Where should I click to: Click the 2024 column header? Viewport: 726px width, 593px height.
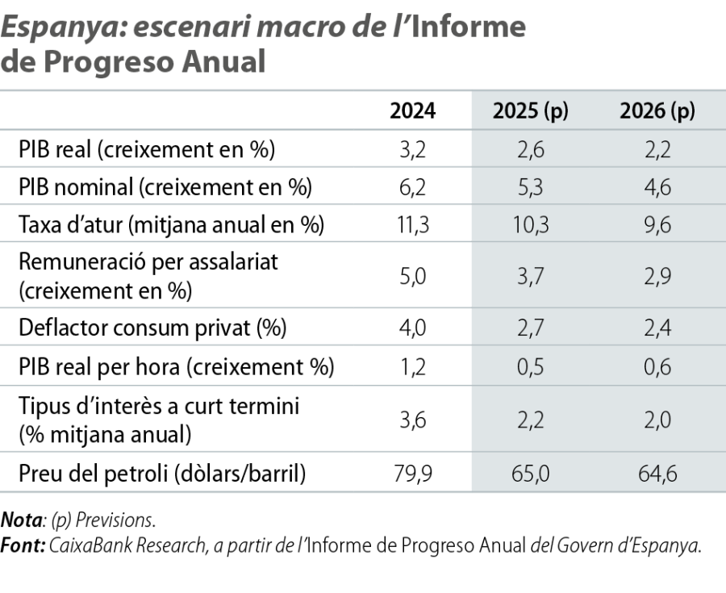(412, 111)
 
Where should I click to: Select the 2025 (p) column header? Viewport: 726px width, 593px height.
(531, 111)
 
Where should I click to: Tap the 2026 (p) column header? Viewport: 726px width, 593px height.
(657, 111)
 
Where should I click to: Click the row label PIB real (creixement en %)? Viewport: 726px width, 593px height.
(146, 149)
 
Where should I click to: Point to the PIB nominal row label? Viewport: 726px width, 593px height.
(164, 187)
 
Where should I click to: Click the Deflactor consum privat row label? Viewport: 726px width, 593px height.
(152, 328)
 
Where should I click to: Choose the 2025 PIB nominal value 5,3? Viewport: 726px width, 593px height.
(531, 188)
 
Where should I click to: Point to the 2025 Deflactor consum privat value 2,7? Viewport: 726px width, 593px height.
(531, 329)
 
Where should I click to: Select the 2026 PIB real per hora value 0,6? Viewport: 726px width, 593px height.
(657, 367)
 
